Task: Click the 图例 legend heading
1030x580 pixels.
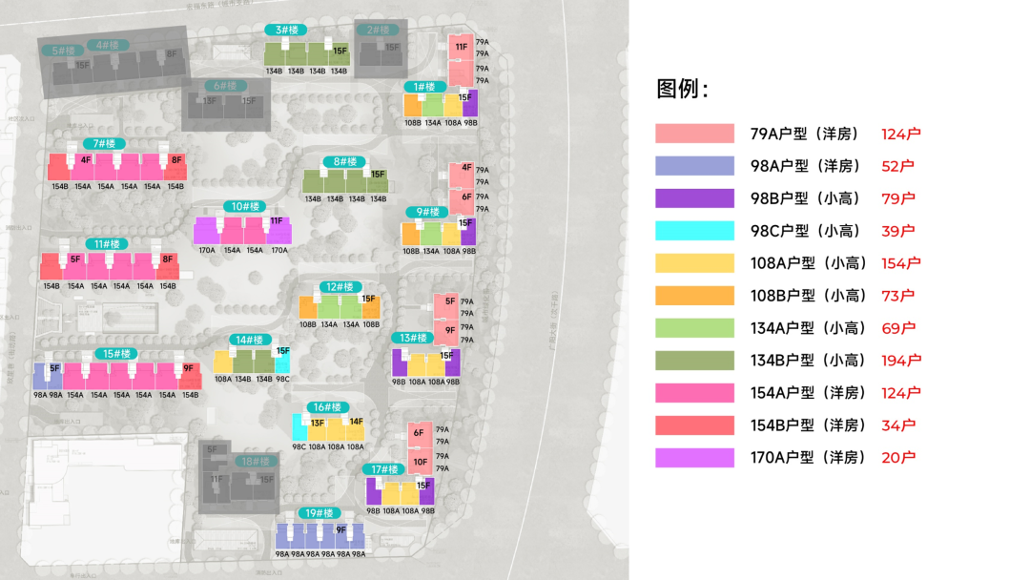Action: point(682,90)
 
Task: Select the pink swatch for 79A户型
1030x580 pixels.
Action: point(694,134)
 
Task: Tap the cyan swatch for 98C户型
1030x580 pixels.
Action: point(694,231)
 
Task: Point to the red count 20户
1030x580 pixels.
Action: point(898,458)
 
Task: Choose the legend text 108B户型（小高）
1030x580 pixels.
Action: point(805,296)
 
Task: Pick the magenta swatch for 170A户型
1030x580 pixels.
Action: point(694,458)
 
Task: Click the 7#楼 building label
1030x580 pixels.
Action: point(104,144)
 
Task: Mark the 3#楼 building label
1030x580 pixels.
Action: point(284,31)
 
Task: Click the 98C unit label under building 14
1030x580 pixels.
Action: point(283,379)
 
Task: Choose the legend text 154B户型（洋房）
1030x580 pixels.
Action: point(805,425)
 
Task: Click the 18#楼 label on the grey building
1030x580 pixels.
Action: point(253,463)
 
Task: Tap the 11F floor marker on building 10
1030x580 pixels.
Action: point(277,221)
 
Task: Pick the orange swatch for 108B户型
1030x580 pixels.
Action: point(694,296)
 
